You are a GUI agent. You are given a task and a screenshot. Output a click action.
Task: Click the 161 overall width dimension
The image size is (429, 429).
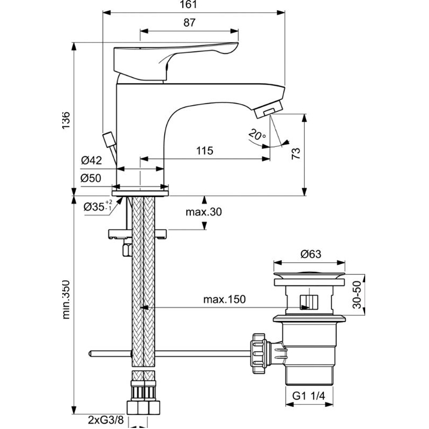coord(193,5)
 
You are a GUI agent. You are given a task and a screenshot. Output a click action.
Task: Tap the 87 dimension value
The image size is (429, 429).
coord(188,23)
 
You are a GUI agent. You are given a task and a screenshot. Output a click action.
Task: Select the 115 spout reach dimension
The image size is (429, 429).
coord(205,151)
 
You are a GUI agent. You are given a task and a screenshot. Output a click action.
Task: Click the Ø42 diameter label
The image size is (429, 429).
coord(92,160)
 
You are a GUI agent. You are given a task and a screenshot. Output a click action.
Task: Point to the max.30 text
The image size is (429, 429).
coord(204,212)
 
